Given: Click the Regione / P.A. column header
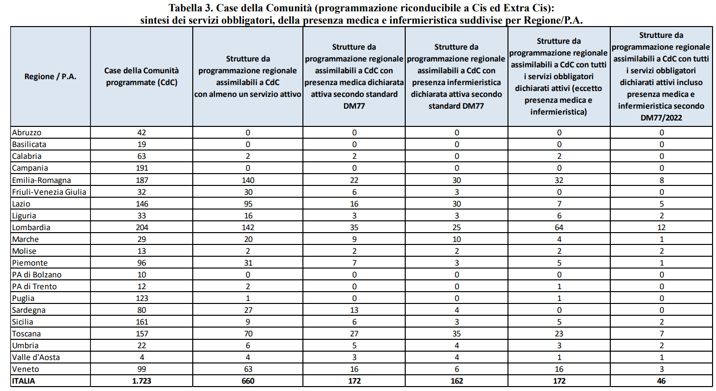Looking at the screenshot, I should click(x=50, y=77).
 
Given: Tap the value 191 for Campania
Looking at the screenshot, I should click(x=142, y=168).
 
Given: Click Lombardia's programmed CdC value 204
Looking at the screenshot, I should click(x=142, y=227).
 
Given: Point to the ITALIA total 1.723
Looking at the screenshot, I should click(x=142, y=381).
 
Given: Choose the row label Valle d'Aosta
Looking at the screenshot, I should click(x=36, y=357).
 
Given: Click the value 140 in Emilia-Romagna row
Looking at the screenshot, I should click(x=248, y=180).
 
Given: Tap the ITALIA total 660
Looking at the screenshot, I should click(x=248, y=381).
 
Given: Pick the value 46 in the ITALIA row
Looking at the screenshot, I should click(x=661, y=381).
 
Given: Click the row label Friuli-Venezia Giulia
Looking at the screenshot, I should click(x=50, y=192).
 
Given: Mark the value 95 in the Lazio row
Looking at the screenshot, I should click(x=248, y=204).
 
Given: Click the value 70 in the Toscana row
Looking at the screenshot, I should click(x=248, y=333).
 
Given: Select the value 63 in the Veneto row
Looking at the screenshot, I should click(x=248, y=369).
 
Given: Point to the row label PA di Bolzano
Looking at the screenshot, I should click(x=37, y=274).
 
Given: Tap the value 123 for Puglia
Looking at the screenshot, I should click(x=142, y=298).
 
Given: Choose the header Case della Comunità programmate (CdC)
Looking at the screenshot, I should click(x=142, y=77).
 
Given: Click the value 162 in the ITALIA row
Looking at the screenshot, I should click(x=456, y=381).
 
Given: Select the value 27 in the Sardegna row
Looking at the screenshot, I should click(x=248, y=310).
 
